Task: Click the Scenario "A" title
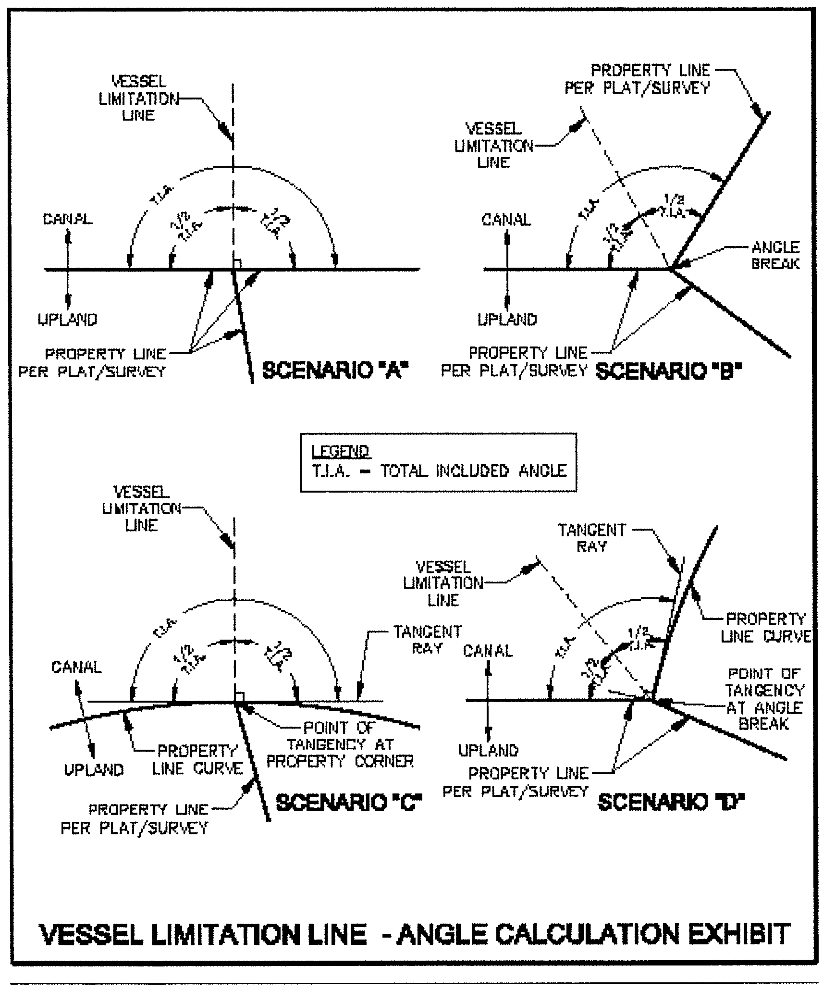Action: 335,371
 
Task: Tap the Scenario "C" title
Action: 349,803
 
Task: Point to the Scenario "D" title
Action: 671,802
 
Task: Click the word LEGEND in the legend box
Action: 340,452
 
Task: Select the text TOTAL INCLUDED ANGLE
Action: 474,470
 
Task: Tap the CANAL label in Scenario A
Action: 68,219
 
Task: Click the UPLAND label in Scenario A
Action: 68,320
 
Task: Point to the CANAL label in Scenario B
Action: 506,220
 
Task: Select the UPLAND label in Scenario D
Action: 488,751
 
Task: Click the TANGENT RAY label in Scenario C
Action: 427,640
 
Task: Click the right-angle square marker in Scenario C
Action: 239,697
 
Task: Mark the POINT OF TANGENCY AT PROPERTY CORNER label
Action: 340,744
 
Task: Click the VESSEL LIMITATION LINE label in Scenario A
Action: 139,99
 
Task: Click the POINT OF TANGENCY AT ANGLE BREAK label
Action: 764,699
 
